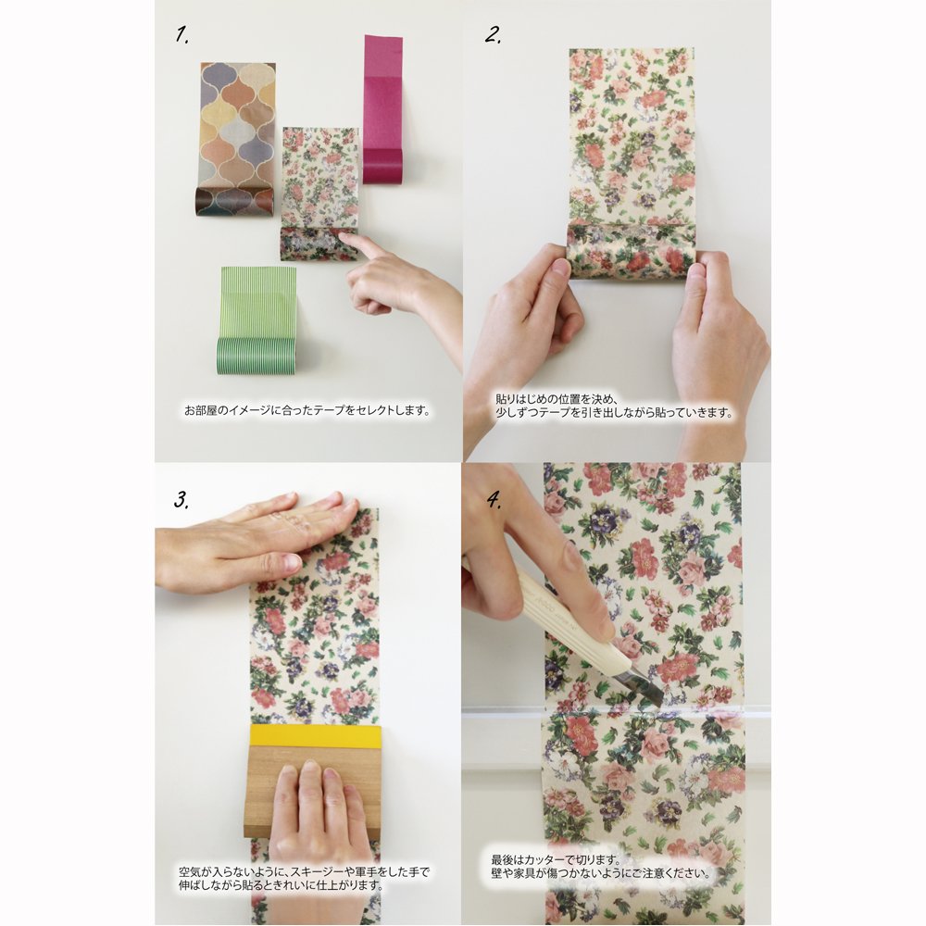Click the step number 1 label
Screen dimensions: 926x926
pyautogui.click(x=181, y=35)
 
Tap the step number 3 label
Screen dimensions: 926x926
pyautogui.click(x=181, y=500)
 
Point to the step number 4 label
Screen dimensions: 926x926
pyautogui.click(x=494, y=501)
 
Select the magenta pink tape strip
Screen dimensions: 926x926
pyautogui.click(x=382, y=109)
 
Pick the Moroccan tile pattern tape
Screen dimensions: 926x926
pyautogui.click(x=236, y=140)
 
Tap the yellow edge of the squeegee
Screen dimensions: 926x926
pyautogui.click(x=316, y=736)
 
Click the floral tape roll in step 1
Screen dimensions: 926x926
pyautogui.click(x=317, y=244)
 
